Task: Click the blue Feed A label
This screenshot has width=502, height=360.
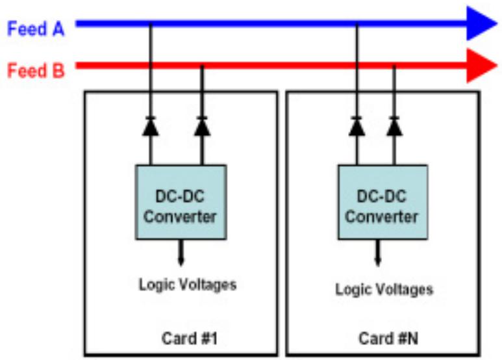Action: pos(36,29)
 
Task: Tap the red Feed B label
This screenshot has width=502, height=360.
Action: pos(36,70)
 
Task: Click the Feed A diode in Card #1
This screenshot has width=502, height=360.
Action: pos(151,126)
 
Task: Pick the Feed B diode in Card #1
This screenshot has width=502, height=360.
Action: pos(202,126)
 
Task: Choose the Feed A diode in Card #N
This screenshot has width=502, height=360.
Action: pos(357,126)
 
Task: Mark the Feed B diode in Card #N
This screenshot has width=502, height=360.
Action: pos(394,126)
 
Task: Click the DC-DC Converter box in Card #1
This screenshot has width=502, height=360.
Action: pos(181,202)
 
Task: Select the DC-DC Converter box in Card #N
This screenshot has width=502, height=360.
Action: pos(383,202)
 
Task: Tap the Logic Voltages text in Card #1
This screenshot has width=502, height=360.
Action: pos(188,285)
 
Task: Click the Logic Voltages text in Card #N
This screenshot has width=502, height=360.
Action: pos(384,290)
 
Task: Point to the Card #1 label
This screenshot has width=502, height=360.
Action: pos(190,338)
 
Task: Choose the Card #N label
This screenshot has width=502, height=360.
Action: pos(388,338)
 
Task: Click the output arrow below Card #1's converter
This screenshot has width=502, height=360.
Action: pos(181,253)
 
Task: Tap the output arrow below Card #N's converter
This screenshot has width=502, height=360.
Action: pos(378,253)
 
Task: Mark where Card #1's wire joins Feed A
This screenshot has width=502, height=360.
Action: pos(151,24)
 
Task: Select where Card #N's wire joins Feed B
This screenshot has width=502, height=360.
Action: pos(394,66)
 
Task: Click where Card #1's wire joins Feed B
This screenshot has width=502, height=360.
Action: pos(202,66)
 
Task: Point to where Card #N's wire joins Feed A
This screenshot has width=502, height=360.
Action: pos(357,24)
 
